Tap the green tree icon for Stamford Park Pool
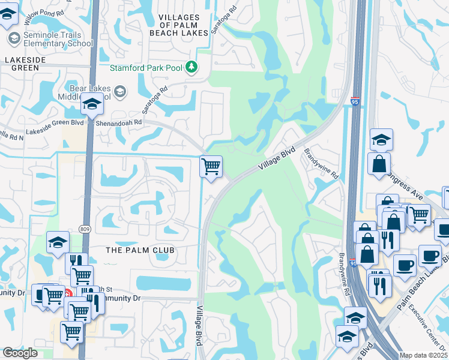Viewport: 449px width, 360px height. pyautogui.click(x=191, y=67)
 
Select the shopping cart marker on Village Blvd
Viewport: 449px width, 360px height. pyautogui.click(x=211, y=166)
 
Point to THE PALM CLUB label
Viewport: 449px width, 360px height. pyautogui.click(x=139, y=250)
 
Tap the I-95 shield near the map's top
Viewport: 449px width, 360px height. pyautogui.click(x=355, y=103)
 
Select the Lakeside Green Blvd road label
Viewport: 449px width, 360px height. pyautogui.click(x=54, y=130)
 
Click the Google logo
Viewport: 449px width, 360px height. pyautogui.click(x=20, y=353)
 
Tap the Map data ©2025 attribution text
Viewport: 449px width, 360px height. pyautogui.click(x=423, y=356)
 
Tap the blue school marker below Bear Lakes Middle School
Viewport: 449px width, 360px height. pyautogui.click(x=92, y=105)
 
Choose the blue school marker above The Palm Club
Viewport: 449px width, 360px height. pyautogui.click(x=58, y=242)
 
